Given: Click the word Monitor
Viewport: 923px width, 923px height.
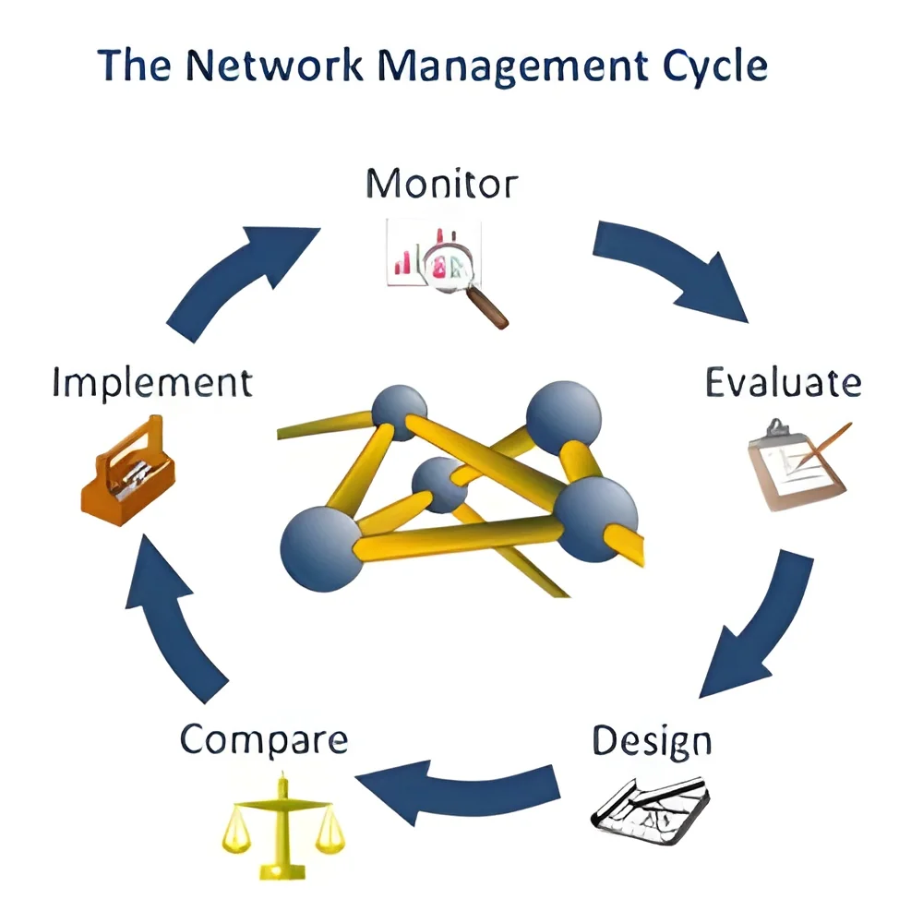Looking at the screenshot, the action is [x=441, y=184].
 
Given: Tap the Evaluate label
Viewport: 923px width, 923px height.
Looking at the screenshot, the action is [x=784, y=383].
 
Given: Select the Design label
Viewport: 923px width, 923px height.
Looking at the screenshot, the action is [x=652, y=741].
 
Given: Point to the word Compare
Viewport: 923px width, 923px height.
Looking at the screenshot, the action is [x=264, y=740].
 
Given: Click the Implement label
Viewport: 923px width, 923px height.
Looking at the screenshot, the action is [x=152, y=383].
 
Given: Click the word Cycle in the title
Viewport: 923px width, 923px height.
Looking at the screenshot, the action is [x=714, y=66].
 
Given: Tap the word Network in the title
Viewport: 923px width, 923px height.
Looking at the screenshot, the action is [x=274, y=65].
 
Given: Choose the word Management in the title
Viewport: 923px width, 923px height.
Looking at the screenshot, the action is [x=512, y=66].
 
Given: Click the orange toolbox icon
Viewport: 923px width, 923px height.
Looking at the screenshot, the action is [x=127, y=471].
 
